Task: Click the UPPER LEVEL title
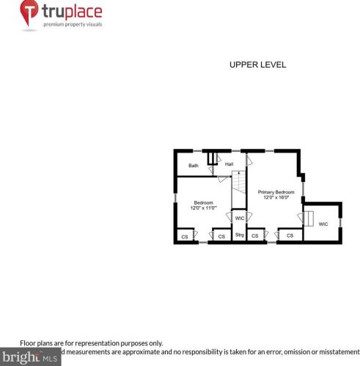pyautogui.click(x=257, y=65)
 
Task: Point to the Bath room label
pyautogui.click(x=194, y=166)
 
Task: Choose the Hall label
pyautogui.click(x=229, y=164)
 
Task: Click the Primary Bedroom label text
pyautogui.click(x=276, y=191)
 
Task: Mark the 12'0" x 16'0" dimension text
pyautogui.click(x=276, y=197)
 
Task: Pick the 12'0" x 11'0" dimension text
pyautogui.click(x=203, y=208)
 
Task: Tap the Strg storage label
pyautogui.click(x=239, y=235)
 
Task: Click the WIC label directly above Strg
pyautogui.click(x=239, y=219)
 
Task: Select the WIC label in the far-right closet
pyautogui.click(x=323, y=224)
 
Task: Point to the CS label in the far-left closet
pyautogui.click(x=185, y=236)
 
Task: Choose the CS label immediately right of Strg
pyautogui.click(x=255, y=236)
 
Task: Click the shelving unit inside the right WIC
pyautogui.click(x=309, y=219)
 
